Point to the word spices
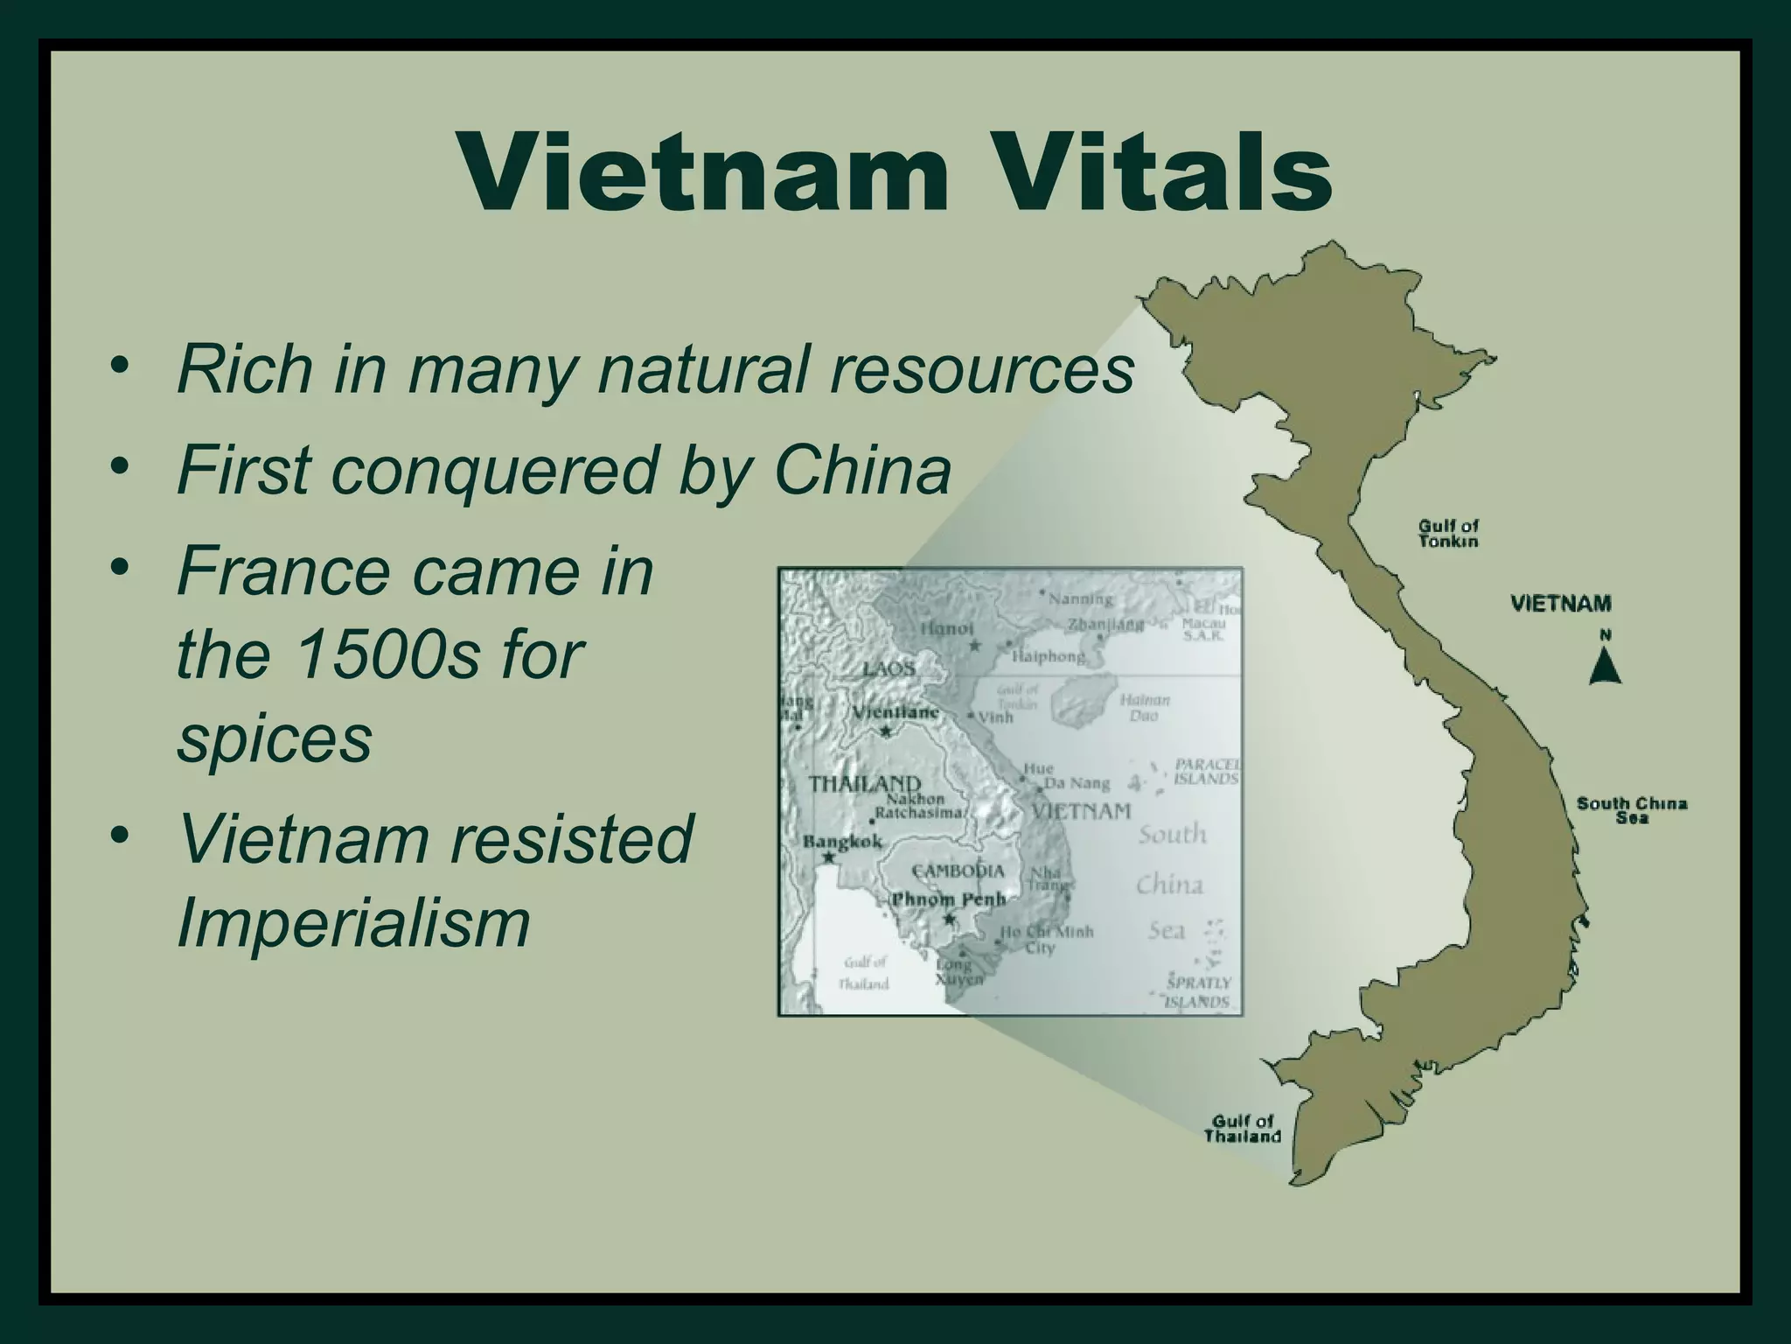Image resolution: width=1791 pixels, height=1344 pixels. click(275, 738)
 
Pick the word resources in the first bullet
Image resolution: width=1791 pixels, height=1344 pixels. click(981, 369)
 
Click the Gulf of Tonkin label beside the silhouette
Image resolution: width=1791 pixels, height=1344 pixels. click(1448, 533)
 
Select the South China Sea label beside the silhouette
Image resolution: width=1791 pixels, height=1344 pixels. click(1632, 810)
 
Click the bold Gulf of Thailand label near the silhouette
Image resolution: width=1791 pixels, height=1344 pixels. click(1242, 1129)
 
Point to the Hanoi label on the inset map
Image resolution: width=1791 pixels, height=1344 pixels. click(946, 628)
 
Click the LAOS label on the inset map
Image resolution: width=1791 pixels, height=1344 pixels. click(889, 669)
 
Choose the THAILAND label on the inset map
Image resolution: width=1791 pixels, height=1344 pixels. click(864, 784)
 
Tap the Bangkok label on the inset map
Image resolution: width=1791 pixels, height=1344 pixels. click(842, 842)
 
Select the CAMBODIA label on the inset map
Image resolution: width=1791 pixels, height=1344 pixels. click(958, 871)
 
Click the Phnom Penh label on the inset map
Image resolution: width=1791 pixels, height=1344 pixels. click(948, 899)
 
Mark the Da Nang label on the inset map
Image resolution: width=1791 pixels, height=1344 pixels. click(1077, 783)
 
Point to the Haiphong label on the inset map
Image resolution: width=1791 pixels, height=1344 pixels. click(1048, 656)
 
